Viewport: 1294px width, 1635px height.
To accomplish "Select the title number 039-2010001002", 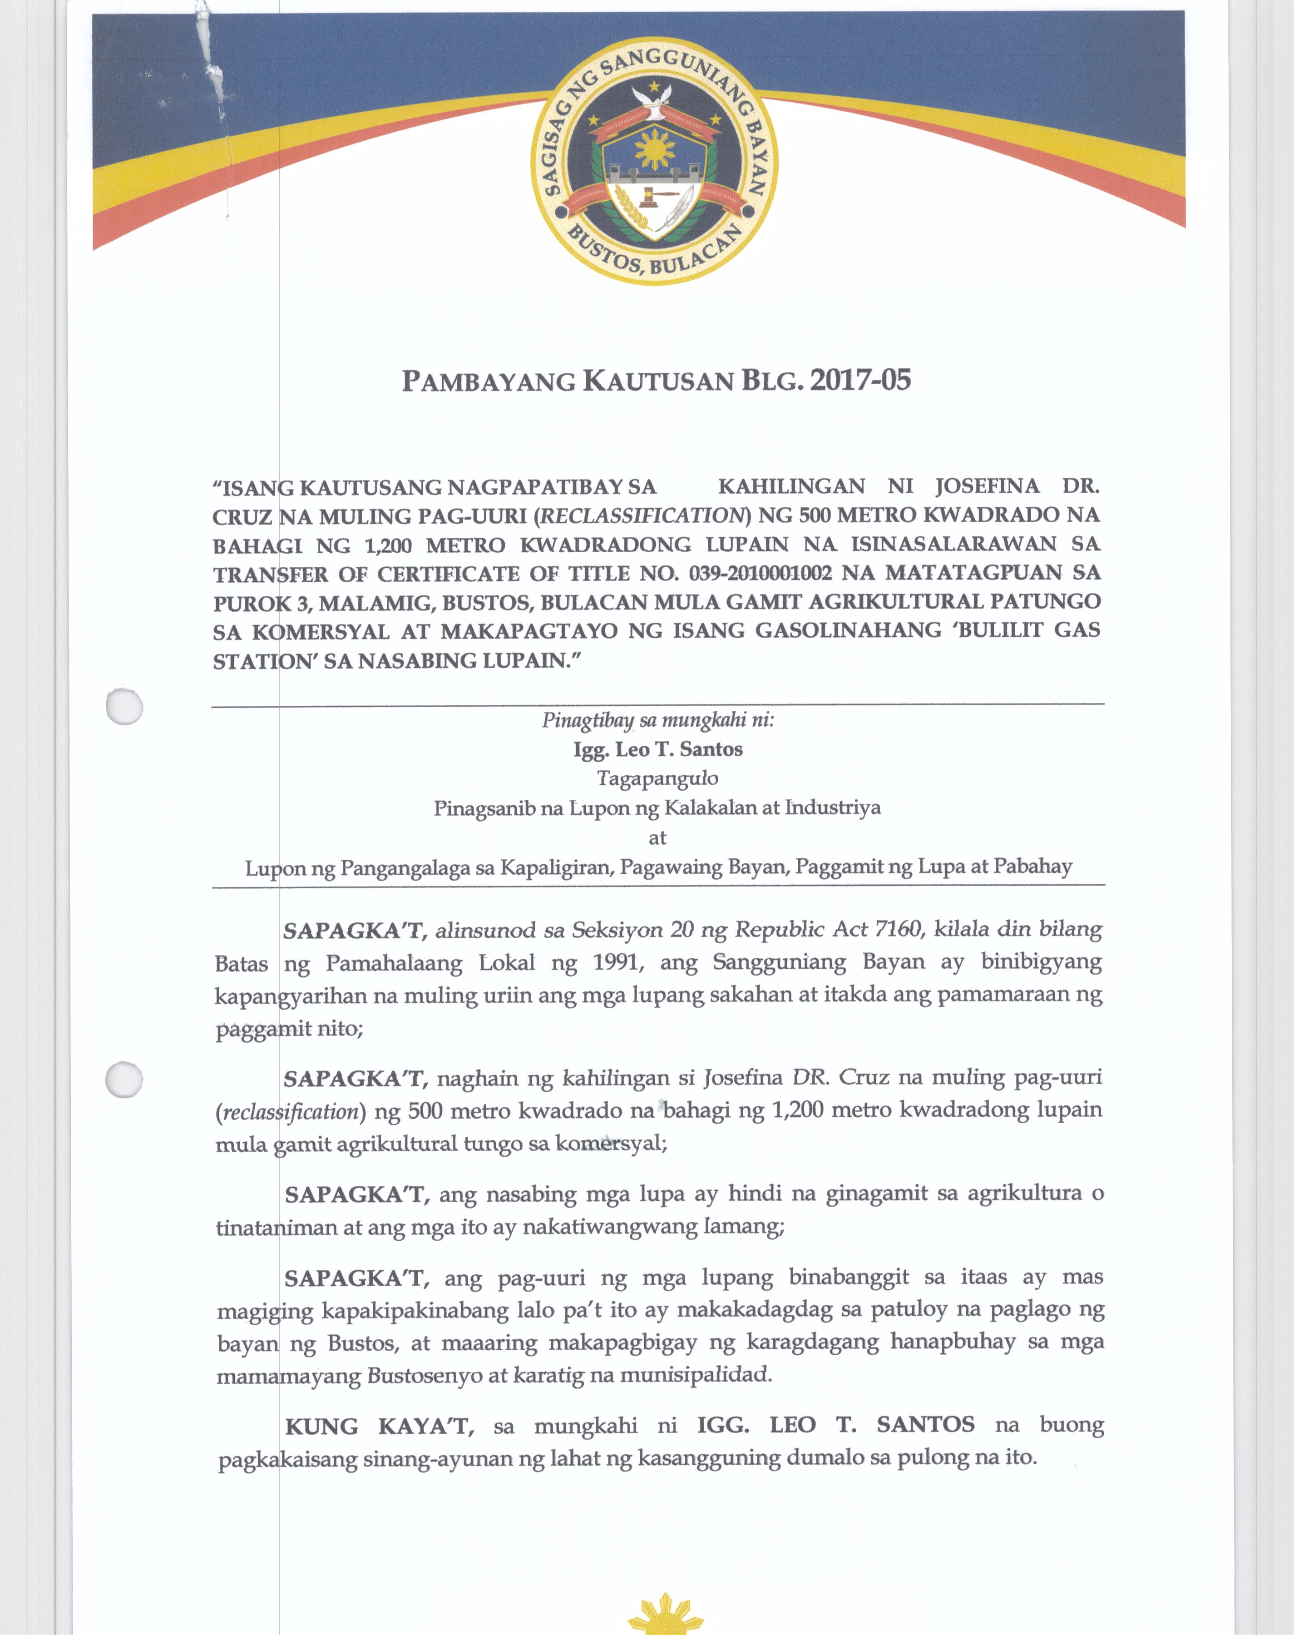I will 760,573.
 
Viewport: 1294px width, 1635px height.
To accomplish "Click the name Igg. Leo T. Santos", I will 657,749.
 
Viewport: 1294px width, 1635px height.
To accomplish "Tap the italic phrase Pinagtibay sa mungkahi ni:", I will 657,720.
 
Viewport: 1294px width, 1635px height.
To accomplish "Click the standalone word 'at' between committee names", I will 657,837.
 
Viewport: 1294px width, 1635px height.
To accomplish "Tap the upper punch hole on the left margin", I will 124,706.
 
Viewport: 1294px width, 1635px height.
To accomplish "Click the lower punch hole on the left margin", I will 124,1079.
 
